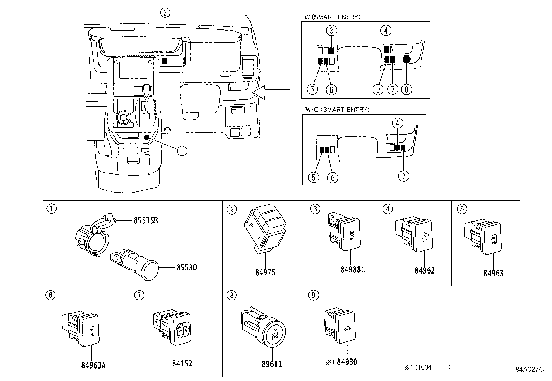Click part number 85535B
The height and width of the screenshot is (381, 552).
tap(146, 220)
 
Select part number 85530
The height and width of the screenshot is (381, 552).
tap(187, 268)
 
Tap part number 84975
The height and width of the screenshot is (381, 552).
tap(265, 272)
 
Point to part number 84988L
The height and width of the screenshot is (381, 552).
tap(352, 269)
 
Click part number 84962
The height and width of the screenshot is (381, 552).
tap(424, 270)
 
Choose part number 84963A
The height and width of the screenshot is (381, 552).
tap(93, 365)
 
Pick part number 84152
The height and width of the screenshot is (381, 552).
tap(182, 363)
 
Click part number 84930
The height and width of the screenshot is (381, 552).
tap(347, 362)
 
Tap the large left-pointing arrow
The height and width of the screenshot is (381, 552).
tap(272, 92)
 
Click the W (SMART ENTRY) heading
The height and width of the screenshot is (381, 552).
tap(332, 17)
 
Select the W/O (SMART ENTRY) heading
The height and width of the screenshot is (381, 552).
tap(337, 110)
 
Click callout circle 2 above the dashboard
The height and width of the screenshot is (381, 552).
tap(165, 13)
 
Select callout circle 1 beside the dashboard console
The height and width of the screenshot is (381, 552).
tap(182, 150)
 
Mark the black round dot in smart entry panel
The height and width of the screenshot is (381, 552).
tap(406, 59)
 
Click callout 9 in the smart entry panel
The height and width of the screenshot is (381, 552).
tap(378, 89)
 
